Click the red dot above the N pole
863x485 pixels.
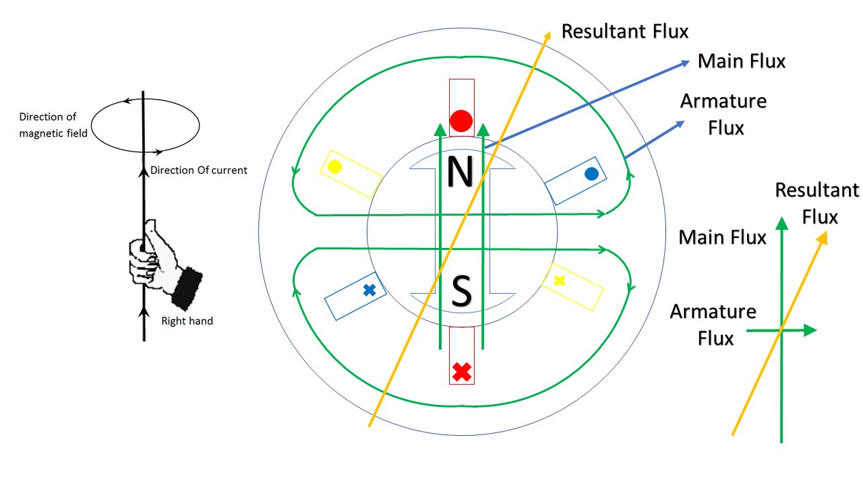(x=461, y=121)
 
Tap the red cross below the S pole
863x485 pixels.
(x=461, y=371)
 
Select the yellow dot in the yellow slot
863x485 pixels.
(x=335, y=166)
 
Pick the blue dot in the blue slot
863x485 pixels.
(x=591, y=174)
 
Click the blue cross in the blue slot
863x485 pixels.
(x=369, y=290)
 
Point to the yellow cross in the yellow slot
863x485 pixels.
(x=559, y=281)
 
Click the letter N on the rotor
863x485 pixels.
(x=460, y=172)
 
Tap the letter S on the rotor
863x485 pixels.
(x=460, y=292)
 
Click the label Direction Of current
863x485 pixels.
(x=198, y=170)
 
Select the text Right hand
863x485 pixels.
(x=187, y=321)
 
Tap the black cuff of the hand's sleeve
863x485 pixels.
(x=186, y=287)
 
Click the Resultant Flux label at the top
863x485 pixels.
(x=625, y=31)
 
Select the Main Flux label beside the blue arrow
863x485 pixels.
(x=742, y=61)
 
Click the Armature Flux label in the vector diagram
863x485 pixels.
(x=713, y=324)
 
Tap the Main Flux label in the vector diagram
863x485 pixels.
(x=722, y=237)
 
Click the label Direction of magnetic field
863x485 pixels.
(x=53, y=125)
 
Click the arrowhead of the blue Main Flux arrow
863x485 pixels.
(x=686, y=63)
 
